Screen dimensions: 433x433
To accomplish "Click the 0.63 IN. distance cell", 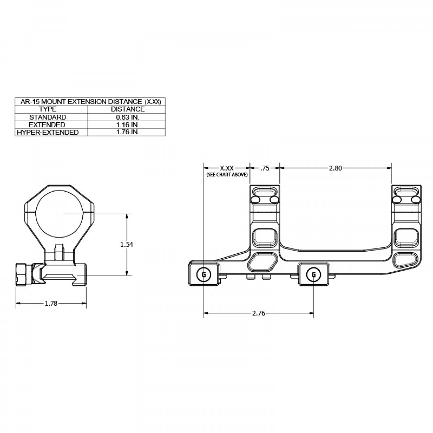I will [127, 117].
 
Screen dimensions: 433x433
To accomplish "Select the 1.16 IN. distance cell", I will [127, 124].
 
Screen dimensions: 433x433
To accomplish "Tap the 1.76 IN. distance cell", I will [127, 132].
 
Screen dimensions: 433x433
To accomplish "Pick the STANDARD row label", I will [48, 117].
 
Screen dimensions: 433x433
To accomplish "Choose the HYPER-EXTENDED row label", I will [48, 132].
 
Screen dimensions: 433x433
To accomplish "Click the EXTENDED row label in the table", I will [48, 124].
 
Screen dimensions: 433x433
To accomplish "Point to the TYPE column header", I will [48, 109].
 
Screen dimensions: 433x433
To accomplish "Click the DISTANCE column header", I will [127, 109].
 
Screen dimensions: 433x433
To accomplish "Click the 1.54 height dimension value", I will [127, 244].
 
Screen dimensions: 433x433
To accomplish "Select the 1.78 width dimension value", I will [51, 303].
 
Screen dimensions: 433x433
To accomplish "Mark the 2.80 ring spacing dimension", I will [335, 168].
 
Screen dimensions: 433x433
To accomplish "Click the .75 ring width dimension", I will [265, 168].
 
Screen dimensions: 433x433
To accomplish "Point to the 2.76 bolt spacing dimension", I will [258, 313].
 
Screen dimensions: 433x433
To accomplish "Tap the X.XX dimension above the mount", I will [227, 168].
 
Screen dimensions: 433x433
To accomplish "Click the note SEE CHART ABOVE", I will [227, 175].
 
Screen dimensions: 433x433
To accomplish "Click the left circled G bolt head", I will [204, 275].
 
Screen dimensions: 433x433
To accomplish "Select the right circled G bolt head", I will [314, 275].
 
